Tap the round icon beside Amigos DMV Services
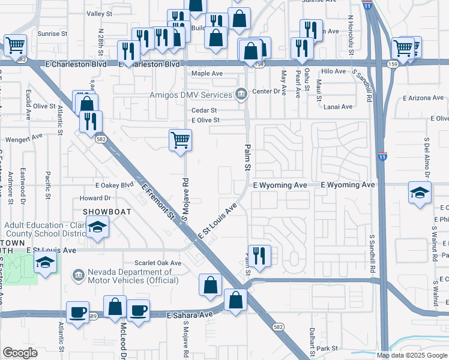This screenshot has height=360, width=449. click(x=241, y=94)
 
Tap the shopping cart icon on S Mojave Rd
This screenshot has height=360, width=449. click(x=180, y=141)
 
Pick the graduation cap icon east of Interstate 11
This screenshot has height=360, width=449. click(x=420, y=193)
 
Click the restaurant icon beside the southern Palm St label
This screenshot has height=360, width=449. click(x=259, y=256)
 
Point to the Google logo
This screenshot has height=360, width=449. click(x=20, y=353)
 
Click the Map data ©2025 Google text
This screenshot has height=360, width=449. click(x=411, y=355)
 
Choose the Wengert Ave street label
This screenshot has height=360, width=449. click(x=24, y=137)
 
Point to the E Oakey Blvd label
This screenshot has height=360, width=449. click(x=114, y=185)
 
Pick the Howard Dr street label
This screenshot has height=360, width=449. click(x=95, y=197)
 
